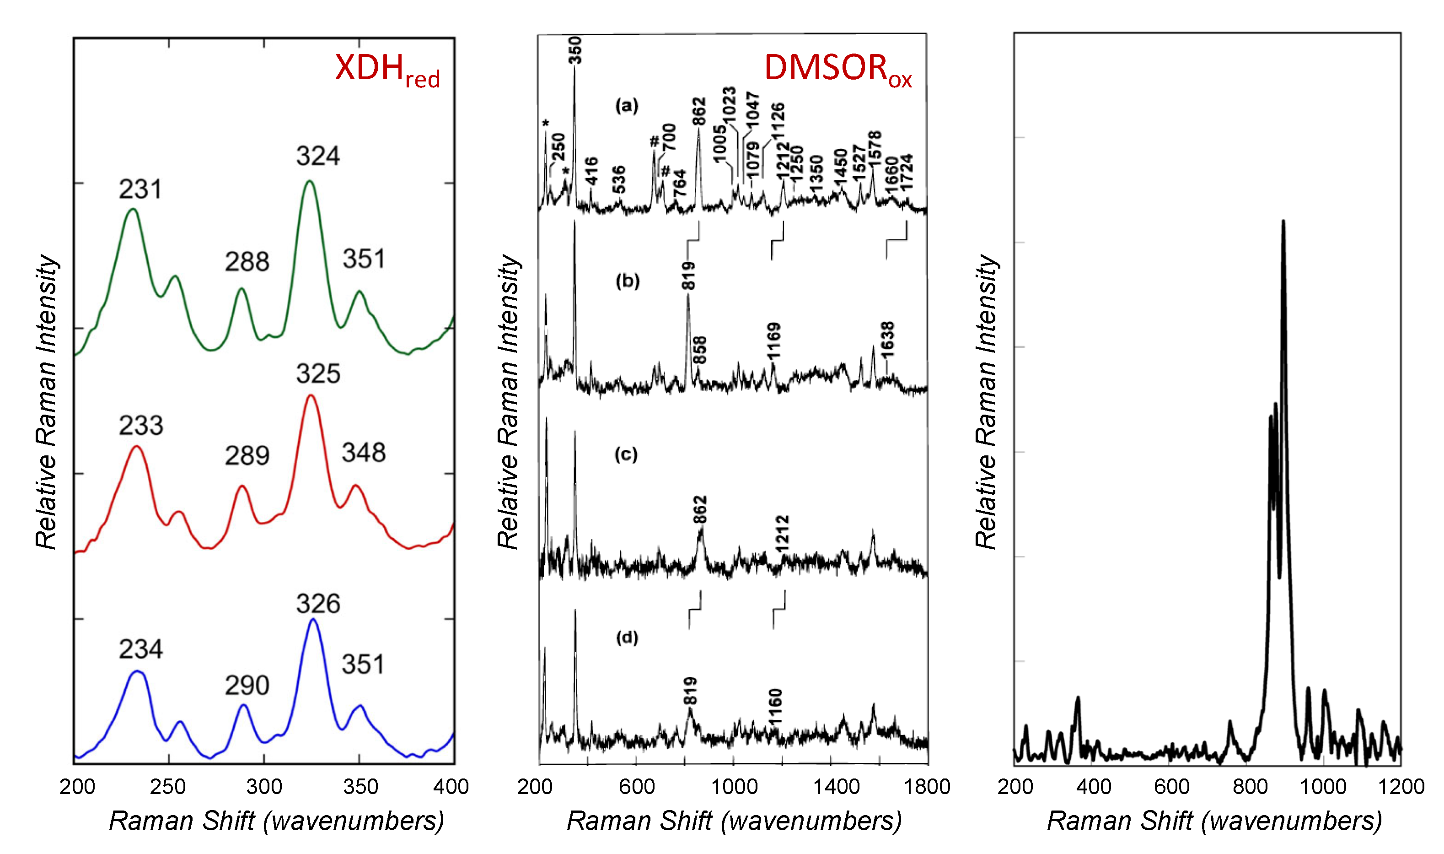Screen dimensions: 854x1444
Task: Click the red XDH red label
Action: pos(387,70)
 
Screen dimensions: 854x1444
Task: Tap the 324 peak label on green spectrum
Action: pos(318,156)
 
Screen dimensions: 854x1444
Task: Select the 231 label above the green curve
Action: pos(140,189)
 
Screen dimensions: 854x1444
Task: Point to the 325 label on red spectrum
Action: pos(318,374)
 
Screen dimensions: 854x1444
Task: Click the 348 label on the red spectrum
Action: pos(364,453)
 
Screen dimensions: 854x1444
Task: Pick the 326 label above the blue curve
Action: pos(318,604)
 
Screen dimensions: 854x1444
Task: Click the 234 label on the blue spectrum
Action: pos(140,649)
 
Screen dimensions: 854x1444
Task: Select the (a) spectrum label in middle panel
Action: pos(626,105)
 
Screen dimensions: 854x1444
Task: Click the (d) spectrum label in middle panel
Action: pos(627,637)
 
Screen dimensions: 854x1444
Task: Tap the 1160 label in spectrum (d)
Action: pos(775,707)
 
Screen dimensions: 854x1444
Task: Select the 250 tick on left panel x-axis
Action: pos(168,786)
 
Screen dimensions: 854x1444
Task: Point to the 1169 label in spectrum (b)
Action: pos(774,340)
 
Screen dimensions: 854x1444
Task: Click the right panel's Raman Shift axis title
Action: pos(1214,821)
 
